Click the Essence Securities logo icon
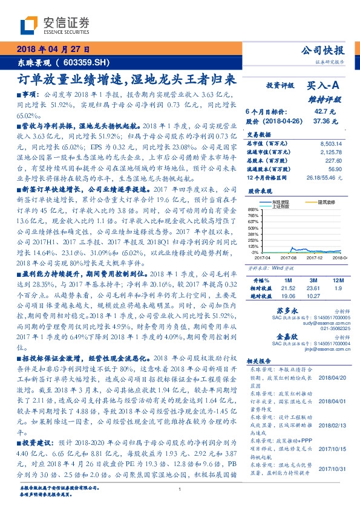coord(28,25)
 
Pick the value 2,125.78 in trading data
coord(329,152)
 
